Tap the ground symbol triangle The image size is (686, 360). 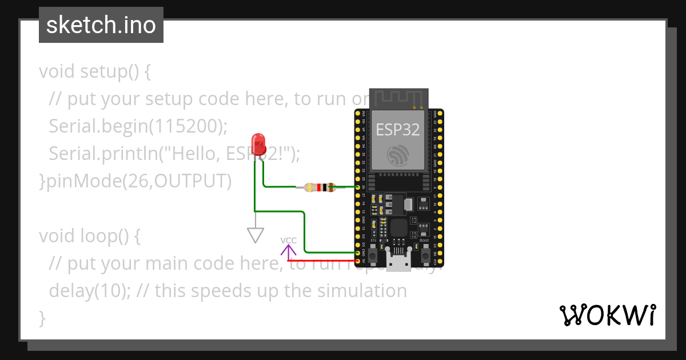tap(255, 235)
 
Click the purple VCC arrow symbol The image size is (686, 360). tap(289, 250)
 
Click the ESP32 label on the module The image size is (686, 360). tap(397, 129)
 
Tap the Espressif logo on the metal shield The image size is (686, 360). tap(398, 155)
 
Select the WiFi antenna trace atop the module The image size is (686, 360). tap(398, 98)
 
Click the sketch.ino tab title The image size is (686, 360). tap(101, 25)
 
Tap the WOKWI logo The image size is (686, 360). tap(607, 315)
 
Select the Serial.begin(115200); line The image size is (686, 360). tap(138, 126)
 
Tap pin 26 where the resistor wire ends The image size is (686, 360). tap(358, 187)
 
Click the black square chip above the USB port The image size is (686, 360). tap(398, 229)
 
